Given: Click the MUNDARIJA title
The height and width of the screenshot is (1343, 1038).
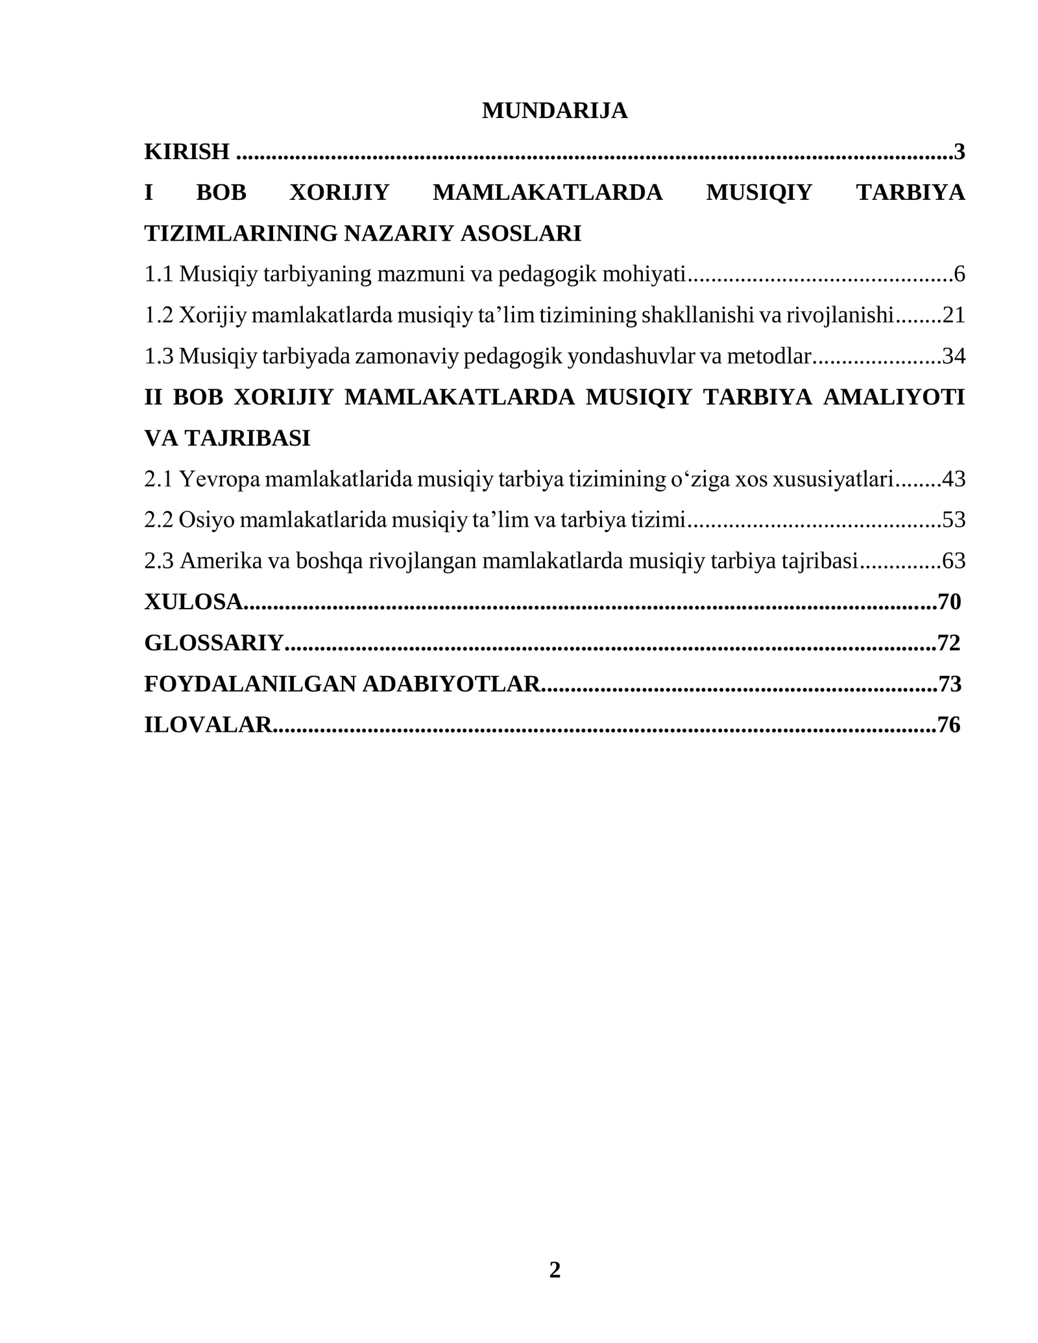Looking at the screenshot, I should click(x=554, y=111).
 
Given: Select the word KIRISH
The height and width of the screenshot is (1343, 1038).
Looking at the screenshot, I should click(x=187, y=152).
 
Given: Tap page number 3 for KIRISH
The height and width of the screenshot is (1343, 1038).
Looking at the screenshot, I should click(x=960, y=152).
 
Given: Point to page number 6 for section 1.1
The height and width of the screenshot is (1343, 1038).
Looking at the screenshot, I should click(x=960, y=274).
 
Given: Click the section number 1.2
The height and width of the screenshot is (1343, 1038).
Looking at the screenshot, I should click(x=158, y=315).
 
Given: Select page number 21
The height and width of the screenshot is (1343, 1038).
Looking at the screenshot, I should click(x=954, y=315).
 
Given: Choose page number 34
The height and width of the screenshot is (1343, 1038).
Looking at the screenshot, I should click(x=954, y=356).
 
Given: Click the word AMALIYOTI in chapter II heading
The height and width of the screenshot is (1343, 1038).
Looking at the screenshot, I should click(x=893, y=397).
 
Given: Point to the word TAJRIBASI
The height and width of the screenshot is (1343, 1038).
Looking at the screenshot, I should click(x=247, y=439).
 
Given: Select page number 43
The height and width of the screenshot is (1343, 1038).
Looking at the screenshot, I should click(x=954, y=479).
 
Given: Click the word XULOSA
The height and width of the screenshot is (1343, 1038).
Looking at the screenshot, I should click(x=193, y=602).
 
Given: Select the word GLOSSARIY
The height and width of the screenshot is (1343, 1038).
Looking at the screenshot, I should click(x=213, y=643).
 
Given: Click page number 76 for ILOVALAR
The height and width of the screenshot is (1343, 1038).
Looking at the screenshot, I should click(x=949, y=725).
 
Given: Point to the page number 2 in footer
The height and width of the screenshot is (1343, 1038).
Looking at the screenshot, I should click(x=555, y=1270).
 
